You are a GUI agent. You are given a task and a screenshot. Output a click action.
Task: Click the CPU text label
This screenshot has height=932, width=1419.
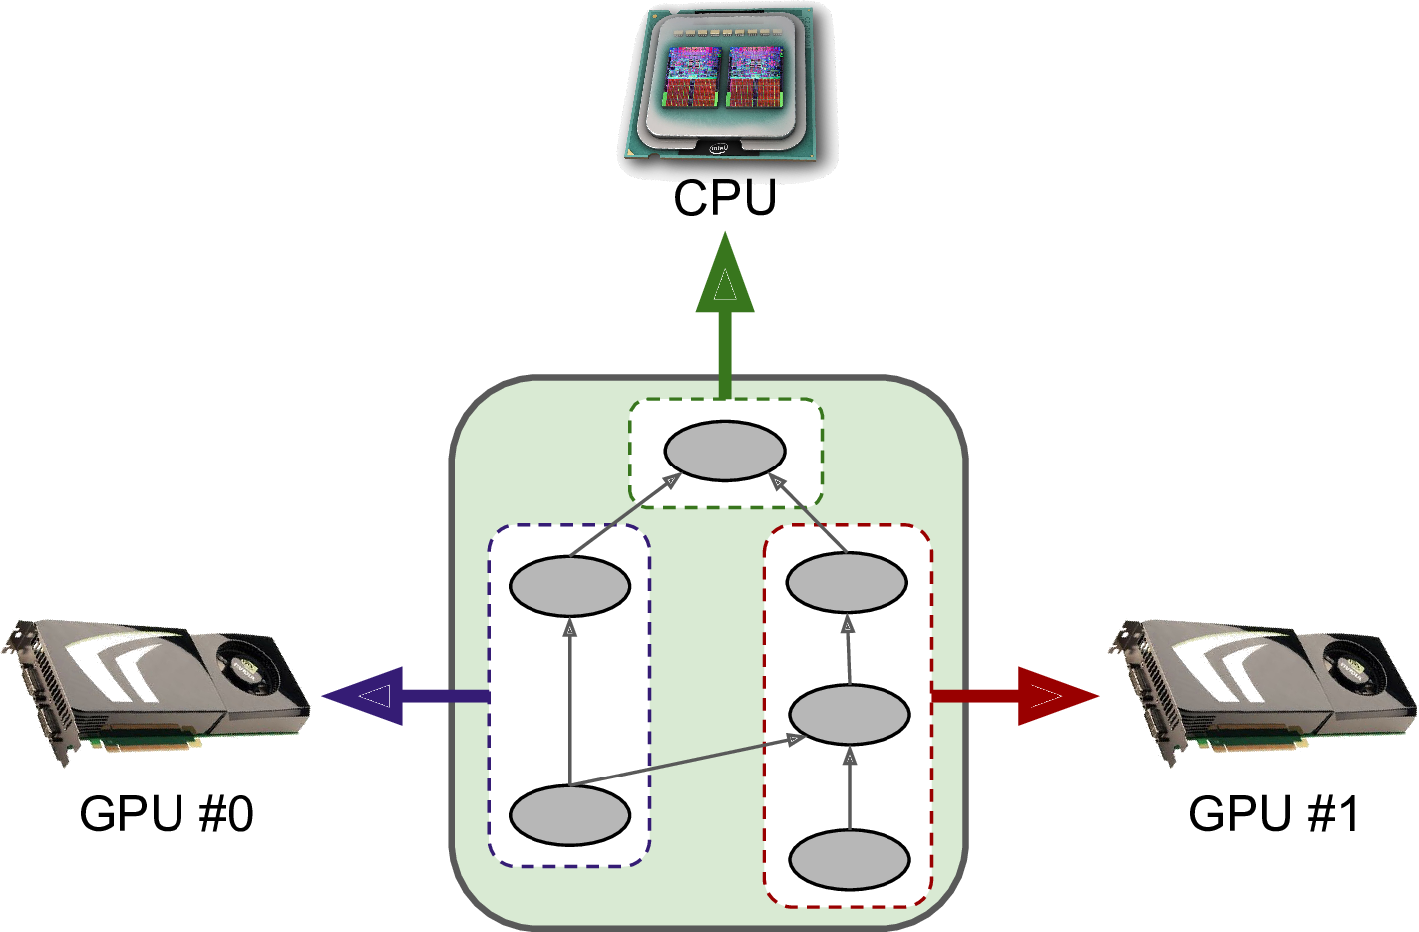[x=724, y=197]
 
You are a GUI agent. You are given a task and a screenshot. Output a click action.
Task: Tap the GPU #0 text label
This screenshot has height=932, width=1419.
[x=166, y=813]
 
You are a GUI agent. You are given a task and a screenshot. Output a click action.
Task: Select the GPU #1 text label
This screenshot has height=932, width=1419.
[x=1273, y=813]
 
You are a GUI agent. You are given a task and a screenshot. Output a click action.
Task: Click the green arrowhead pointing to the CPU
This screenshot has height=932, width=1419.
[x=725, y=276]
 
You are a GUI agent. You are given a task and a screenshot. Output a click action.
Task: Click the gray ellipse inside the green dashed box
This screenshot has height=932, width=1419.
[x=725, y=451]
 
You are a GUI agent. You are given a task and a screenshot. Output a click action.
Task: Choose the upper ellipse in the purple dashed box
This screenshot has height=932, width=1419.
[x=569, y=585]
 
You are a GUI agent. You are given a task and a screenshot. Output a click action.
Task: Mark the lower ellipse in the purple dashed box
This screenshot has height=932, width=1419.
[x=569, y=815]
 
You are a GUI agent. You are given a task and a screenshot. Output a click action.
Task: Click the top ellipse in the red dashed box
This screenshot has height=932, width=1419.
[x=847, y=581]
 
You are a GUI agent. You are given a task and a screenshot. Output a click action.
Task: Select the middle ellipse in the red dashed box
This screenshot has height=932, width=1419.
[x=849, y=714]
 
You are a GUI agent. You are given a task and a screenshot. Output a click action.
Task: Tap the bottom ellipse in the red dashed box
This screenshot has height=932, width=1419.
[x=849, y=858]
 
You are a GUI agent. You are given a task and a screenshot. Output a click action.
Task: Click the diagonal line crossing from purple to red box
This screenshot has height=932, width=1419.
[x=688, y=762]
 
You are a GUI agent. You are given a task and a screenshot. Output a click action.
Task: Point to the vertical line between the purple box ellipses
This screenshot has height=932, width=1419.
[x=569, y=698]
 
